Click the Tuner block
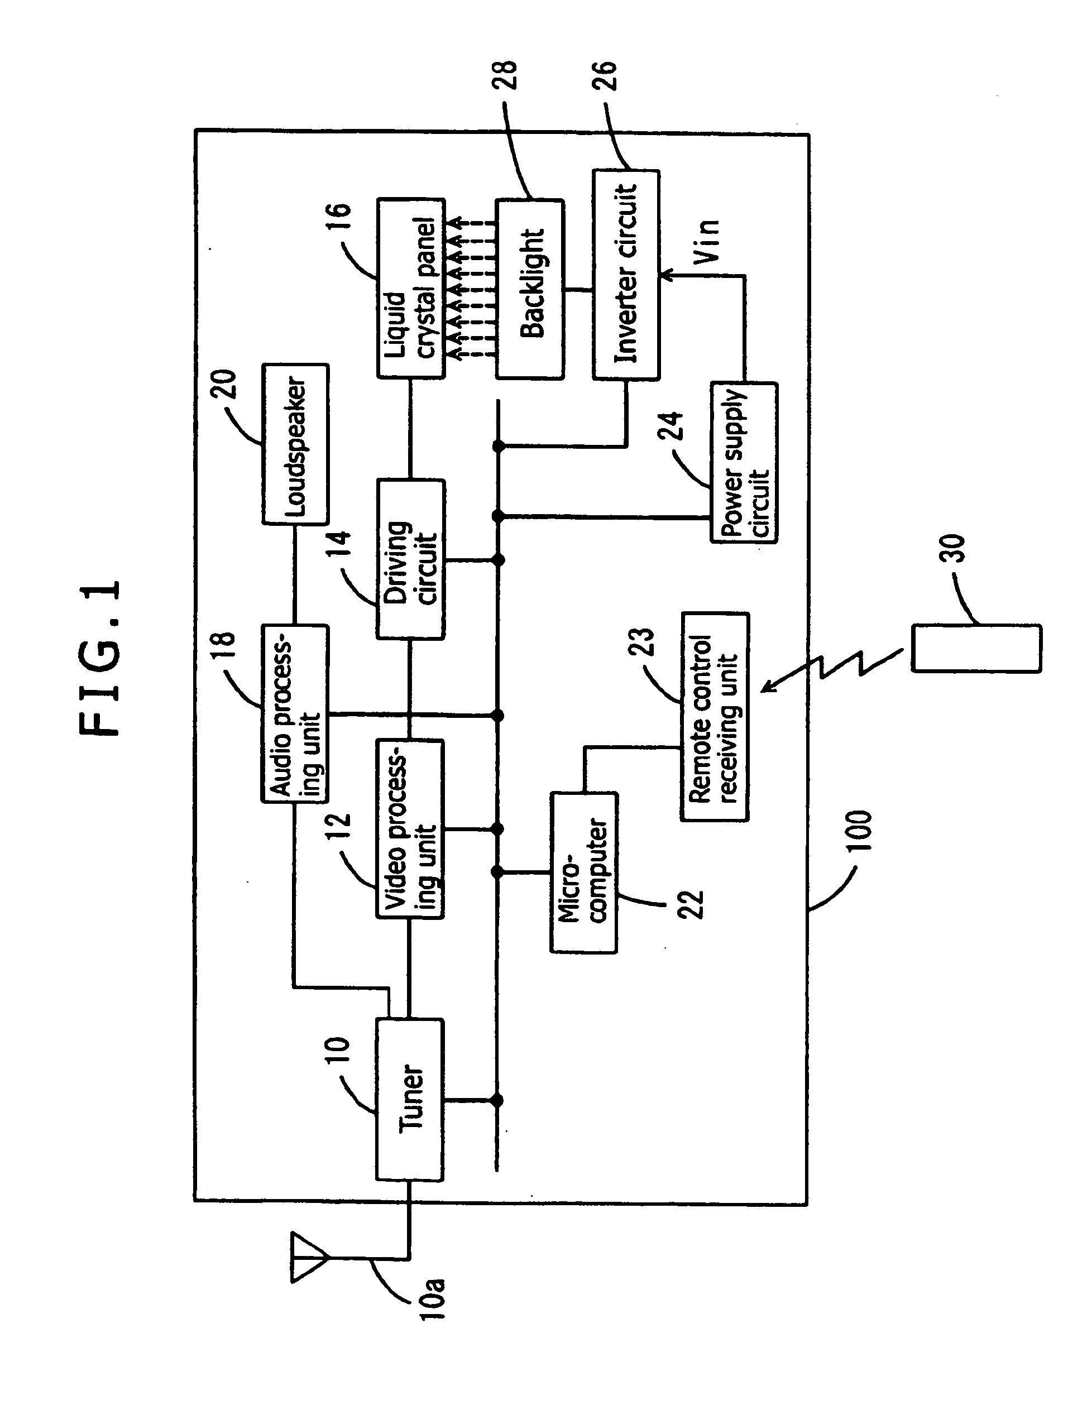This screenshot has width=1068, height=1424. point(409,1099)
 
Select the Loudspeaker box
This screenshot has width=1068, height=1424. point(295,444)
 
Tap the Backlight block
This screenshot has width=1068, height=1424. point(530,289)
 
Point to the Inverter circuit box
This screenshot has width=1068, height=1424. point(626,275)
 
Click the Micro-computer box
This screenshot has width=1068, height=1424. point(584,872)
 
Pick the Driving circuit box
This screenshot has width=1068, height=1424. point(410,559)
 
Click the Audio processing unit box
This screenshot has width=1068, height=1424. point(295,713)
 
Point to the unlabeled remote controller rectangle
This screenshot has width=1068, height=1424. point(976,648)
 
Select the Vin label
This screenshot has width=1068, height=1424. point(706,241)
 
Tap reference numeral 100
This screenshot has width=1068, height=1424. point(858,831)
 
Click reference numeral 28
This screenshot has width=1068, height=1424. point(505,75)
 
